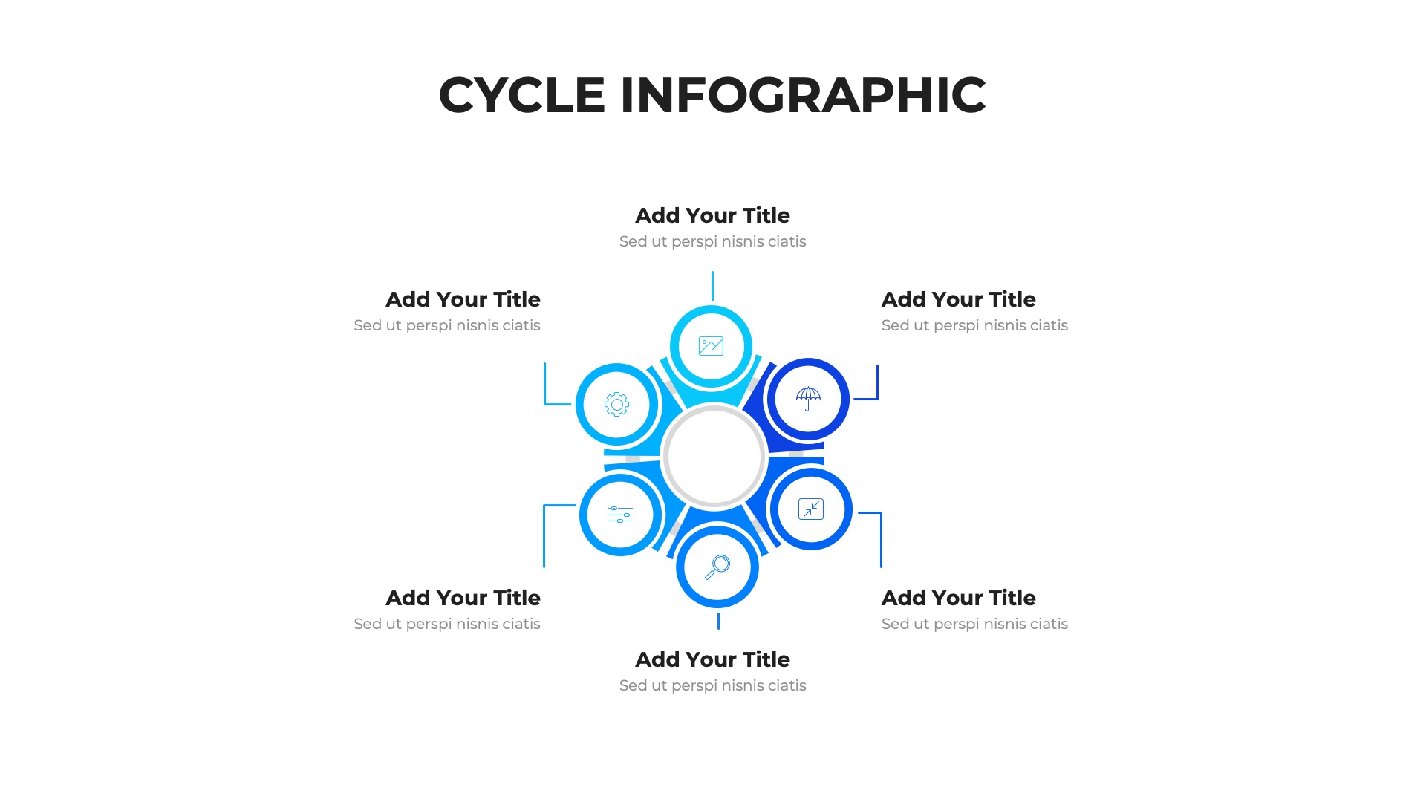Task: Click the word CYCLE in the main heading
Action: point(522,95)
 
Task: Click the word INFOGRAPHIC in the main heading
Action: point(803,95)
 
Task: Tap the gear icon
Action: point(616,405)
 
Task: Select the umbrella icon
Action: point(808,399)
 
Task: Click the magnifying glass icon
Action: point(717,567)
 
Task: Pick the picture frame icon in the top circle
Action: point(711,346)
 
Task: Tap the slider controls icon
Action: point(620,515)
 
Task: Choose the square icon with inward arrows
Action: point(811,509)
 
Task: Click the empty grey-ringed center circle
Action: point(714,457)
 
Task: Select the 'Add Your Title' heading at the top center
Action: point(712,215)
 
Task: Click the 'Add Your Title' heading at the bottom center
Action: point(712,659)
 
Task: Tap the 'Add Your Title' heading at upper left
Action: point(463,299)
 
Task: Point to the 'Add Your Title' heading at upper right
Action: point(958,299)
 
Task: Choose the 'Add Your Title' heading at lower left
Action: point(463,598)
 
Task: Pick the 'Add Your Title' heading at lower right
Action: point(958,598)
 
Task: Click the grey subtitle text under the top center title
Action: point(712,241)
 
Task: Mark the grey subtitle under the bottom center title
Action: point(712,685)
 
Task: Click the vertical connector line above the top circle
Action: point(712,286)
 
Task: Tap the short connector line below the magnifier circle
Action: point(718,621)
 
